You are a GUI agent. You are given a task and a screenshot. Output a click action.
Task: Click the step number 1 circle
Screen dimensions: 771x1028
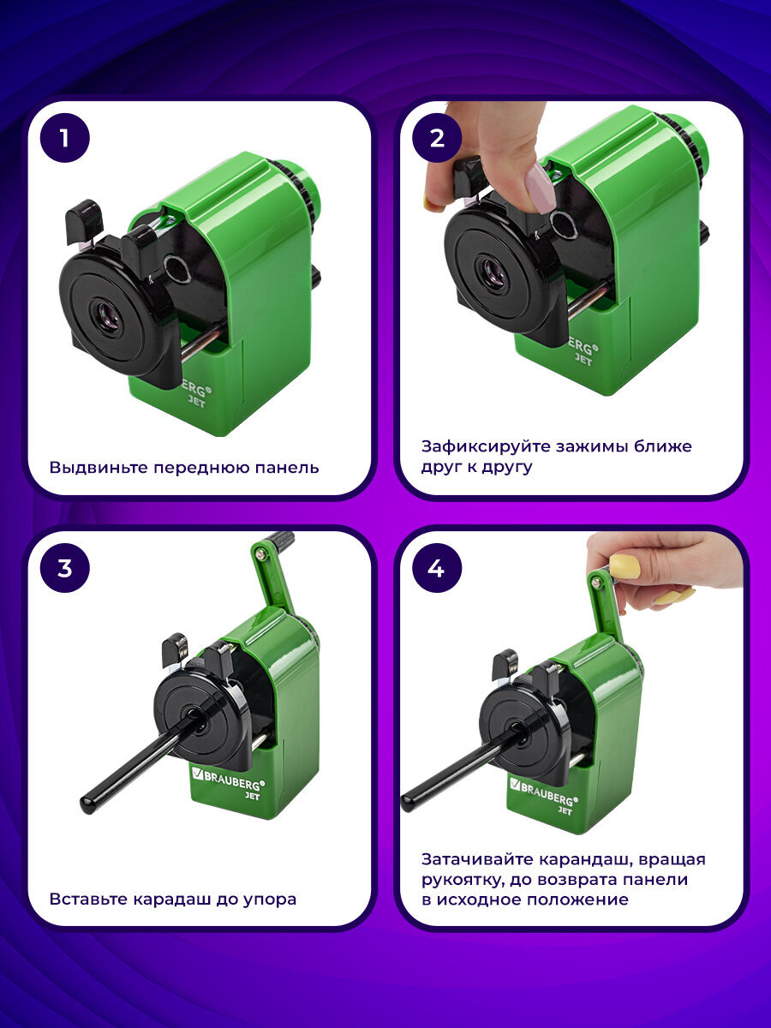coord(64,138)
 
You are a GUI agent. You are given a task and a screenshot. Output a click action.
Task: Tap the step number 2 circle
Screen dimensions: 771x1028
coord(437,138)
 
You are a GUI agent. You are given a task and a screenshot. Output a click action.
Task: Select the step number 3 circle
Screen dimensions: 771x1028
coord(64,568)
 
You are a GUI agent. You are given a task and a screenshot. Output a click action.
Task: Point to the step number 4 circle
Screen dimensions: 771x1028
coord(437,568)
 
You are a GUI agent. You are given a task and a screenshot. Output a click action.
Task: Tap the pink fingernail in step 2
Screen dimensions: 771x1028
coord(541,188)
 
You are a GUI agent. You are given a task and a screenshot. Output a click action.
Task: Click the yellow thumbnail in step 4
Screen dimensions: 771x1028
coord(625,567)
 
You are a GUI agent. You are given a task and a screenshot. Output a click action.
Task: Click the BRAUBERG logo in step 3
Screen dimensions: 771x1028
coord(229,780)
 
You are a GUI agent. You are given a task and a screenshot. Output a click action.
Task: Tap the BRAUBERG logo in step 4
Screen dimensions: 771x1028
coord(544,790)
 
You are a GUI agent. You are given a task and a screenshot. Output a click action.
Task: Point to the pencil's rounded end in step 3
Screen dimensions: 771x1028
coord(87,804)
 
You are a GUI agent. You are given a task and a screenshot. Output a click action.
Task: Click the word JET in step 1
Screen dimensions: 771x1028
coord(197,402)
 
